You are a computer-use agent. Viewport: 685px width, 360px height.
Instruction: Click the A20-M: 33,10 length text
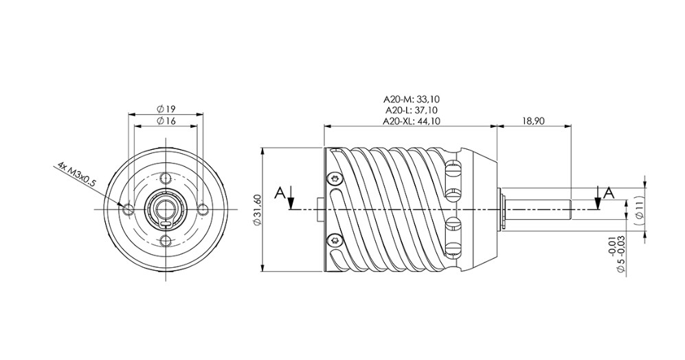tap(411, 99)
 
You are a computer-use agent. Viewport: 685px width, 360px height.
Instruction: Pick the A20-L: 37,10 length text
tap(411, 110)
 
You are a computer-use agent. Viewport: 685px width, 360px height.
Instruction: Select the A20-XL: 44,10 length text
tap(411, 121)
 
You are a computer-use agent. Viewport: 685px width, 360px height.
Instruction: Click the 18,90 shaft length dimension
tap(533, 121)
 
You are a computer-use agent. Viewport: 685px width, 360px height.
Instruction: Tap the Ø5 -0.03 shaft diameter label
tap(622, 253)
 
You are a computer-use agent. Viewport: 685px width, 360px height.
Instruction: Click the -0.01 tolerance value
tap(611, 245)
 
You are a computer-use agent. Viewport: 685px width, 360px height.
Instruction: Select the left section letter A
tap(280, 193)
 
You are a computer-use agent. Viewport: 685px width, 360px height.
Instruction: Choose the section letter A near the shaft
tap(608, 193)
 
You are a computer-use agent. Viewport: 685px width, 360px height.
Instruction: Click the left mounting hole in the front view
tap(128, 209)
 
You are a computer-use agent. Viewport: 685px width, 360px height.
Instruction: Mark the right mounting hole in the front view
tap(202, 209)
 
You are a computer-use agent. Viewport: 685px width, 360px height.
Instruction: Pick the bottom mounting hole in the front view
tap(165, 240)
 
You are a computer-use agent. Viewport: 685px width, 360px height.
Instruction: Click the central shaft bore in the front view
tap(165, 208)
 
